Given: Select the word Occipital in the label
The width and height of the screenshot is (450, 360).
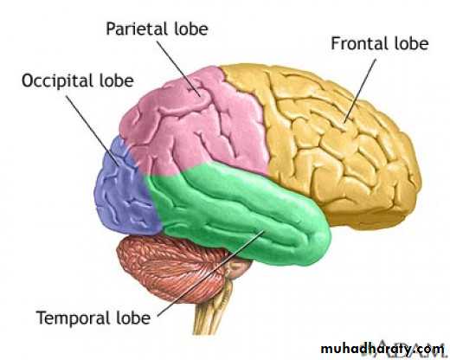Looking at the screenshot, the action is (x=58, y=81).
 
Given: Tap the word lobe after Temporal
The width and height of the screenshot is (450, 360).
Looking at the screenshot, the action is (x=133, y=317).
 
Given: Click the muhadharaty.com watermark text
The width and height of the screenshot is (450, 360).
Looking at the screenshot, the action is (x=382, y=349).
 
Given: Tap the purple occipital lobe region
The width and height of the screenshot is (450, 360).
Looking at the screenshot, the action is (x=124, y=188).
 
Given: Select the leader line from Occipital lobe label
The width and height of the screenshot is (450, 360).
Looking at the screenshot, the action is (x=93, y=131).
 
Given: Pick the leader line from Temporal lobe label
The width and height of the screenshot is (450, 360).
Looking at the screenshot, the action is (x=210, y=273).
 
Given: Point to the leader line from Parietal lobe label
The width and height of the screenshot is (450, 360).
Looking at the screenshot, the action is (x=178, y=68).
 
